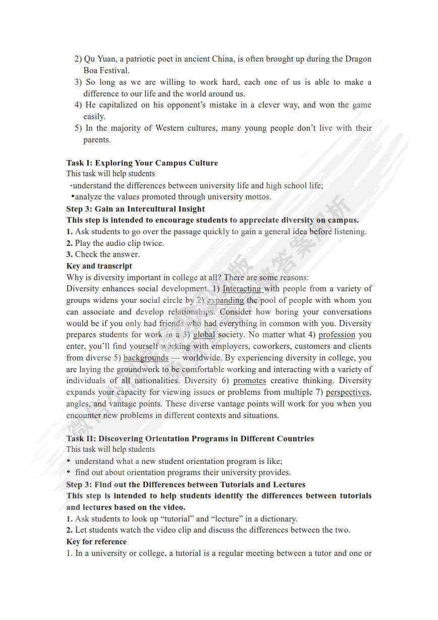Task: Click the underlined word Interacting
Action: tap(242, 289)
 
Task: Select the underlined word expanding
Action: tap(225, 300)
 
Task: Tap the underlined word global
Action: tap(204, 335)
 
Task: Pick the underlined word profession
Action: tap(337, 335)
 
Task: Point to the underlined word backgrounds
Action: tap(146, 358)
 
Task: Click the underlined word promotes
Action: tap(249, 381)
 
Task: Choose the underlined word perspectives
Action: tap(348, 392)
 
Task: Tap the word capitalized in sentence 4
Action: tap(120, 105)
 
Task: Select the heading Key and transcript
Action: tap(99, 266)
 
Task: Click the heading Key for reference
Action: tap(96, 542)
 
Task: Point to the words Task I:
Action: tap(79, 163)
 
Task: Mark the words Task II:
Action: tap(81, 438)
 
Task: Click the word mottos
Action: tap(258, 197)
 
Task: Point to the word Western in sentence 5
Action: tap(170, 128)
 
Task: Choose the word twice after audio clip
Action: tap(153, 243)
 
